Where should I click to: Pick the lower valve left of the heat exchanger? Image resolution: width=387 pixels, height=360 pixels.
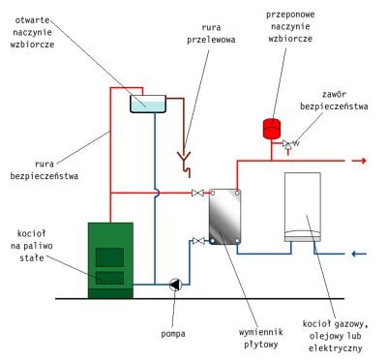(197, 240)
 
